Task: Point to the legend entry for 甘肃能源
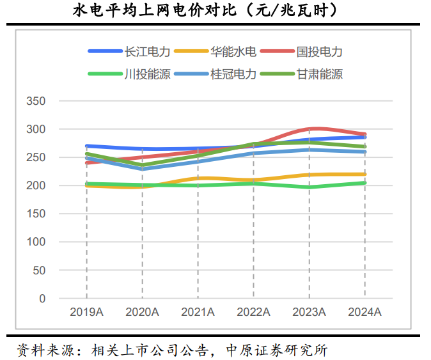tap(320, 74)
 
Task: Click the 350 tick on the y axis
tap(36, 101)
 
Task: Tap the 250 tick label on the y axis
tap(36, 157)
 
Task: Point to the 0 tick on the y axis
tap(42, 298)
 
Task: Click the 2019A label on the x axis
tap(86, 312)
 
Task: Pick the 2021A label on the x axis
tap(198, 312)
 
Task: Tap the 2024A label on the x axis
tap(364, 312)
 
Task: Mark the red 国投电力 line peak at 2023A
tap(310, 129)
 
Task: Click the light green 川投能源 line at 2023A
tap(310, 187)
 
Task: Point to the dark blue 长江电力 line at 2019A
tap(87, 146)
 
